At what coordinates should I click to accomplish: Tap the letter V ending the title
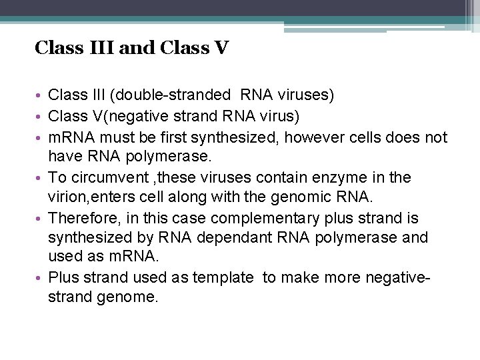[x=222, y=49]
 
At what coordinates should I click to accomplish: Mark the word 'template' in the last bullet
[x=223, y=278]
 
